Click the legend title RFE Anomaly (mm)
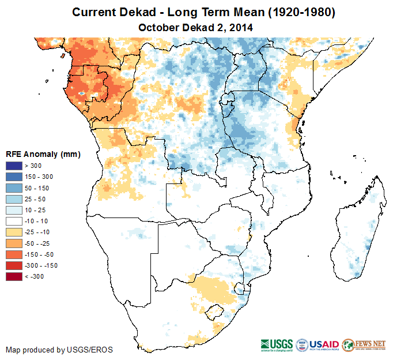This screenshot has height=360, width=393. coord(43,155)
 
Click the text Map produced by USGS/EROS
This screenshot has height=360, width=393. coord(59,350)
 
